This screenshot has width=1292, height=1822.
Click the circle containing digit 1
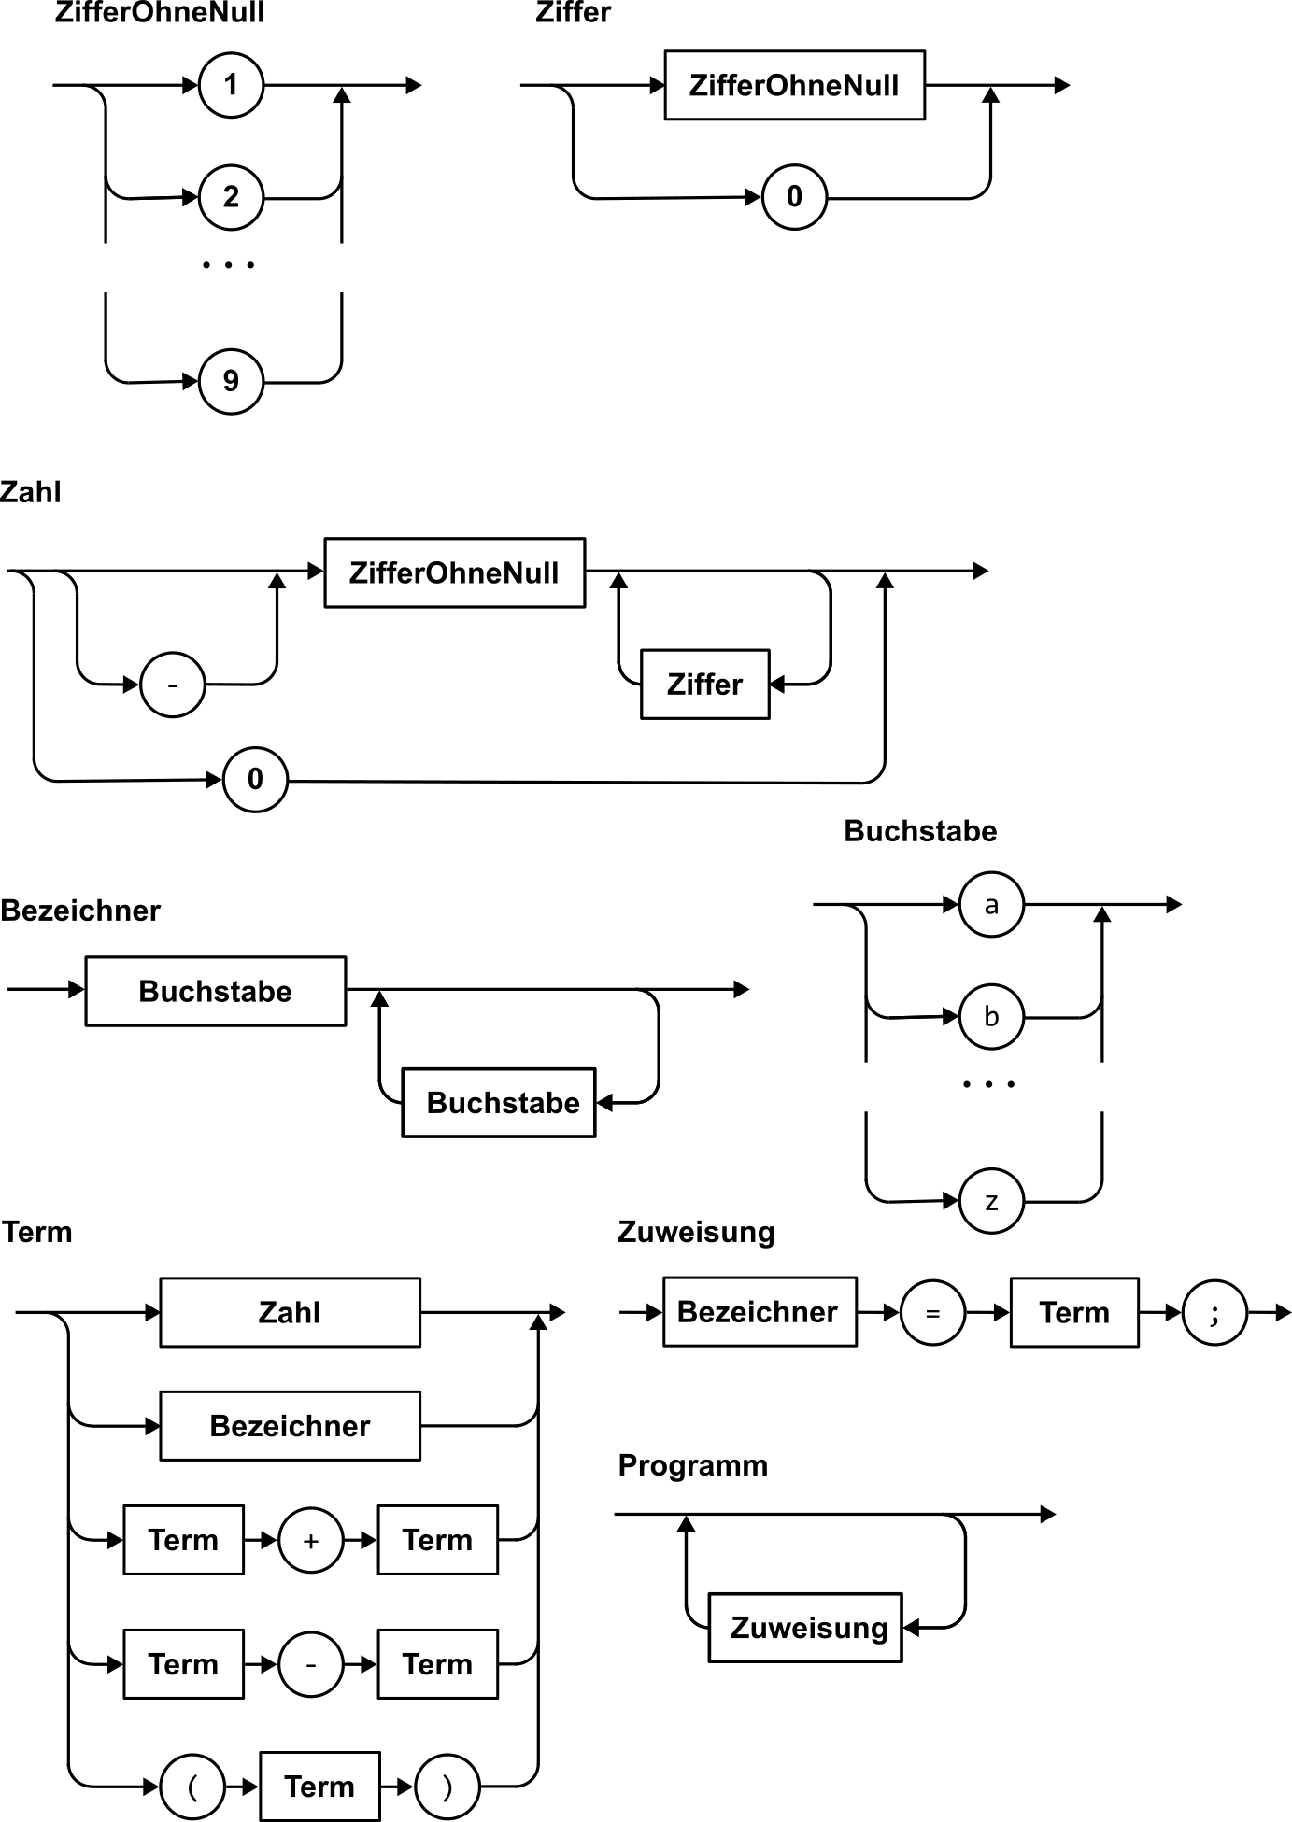coord(231,86)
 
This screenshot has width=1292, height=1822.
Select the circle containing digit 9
coord(231,381)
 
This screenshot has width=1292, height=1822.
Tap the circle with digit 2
coord(231,197)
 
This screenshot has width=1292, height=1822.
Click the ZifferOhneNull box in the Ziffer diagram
coord(794,86)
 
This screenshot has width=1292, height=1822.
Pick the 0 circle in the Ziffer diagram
coord(794,197)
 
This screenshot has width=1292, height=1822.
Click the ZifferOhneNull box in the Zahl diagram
coord(454,572)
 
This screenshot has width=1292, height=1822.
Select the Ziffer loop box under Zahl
coord(704,685)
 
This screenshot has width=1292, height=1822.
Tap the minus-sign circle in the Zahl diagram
coord(173,685)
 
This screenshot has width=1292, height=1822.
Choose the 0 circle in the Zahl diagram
coord(255,779)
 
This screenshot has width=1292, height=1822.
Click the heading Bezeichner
coord(80,911)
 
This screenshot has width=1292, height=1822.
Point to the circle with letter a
coord(991,904)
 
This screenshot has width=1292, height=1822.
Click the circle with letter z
coord(991,1201)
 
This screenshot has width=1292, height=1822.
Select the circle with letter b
coord(991,1016)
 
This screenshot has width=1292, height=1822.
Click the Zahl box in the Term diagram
coord(290,1312)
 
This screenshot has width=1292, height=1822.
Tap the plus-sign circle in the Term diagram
coord(310,1540)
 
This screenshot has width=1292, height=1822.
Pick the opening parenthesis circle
coord(192,1787)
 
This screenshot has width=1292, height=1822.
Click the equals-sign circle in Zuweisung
coord(931,1313)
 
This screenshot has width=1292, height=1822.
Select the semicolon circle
coord(1214,1313)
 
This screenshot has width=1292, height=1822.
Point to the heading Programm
coord(692,1465)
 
